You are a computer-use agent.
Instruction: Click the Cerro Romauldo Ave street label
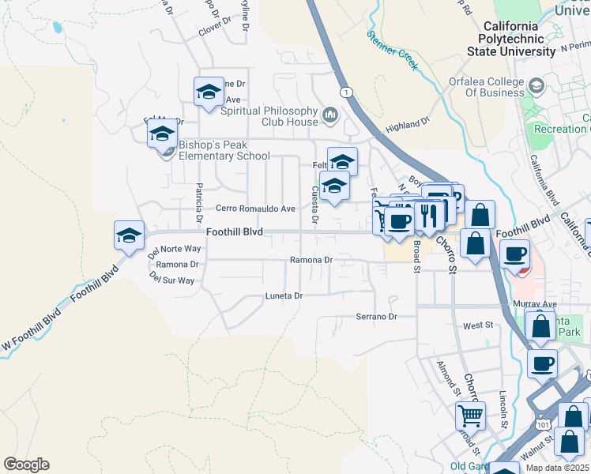(x=255, y=209)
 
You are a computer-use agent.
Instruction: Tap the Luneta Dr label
(x=284, y=295)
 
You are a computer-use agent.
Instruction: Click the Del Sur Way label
(x=171, y=280)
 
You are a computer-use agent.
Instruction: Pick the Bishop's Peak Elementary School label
(x=224, y=150)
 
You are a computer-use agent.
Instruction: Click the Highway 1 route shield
(x=346, y=92)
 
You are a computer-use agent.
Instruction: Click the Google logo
(x=26, y=465)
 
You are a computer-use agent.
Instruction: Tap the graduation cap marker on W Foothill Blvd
(x=130, y=235)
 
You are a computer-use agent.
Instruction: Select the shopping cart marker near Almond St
(x=470, y=414)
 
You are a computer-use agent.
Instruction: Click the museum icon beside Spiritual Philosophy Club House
(x=330, y=116)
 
